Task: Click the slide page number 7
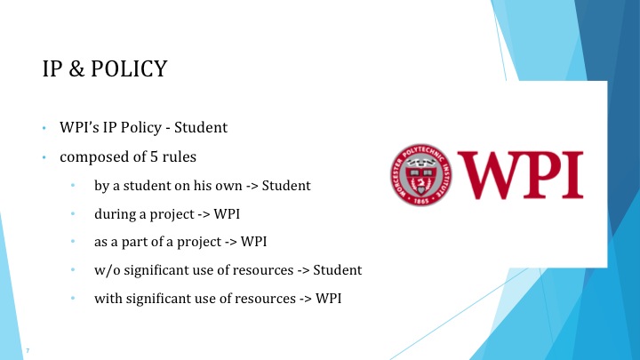point(29,348)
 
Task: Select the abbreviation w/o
point(108,269)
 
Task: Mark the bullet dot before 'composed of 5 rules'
point(43,158)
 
